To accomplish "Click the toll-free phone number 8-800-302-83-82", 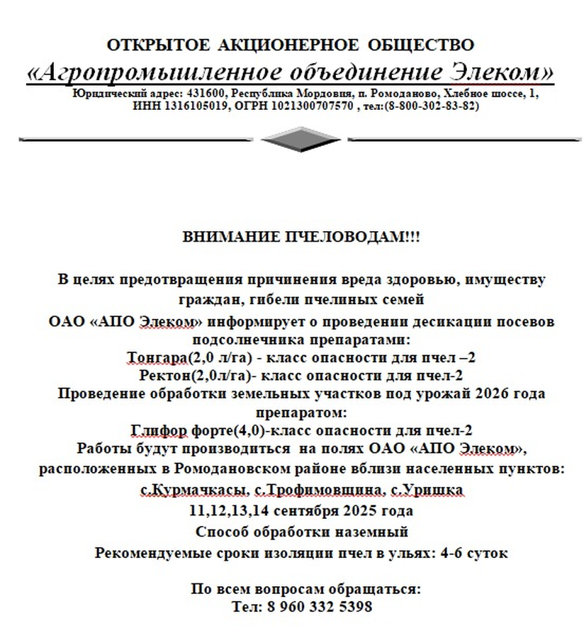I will click(x=430, y=106).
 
